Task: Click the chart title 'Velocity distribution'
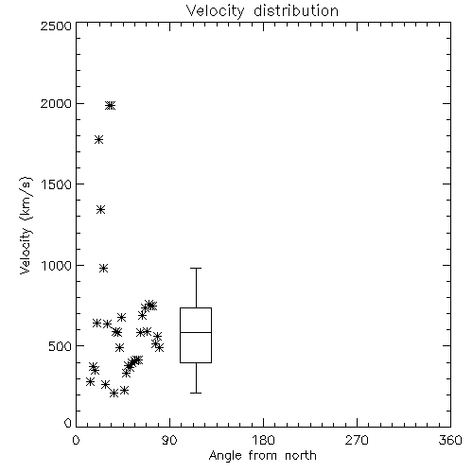[x=262, y=11]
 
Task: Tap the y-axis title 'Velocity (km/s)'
[x=26, y=225]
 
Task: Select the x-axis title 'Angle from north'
[x=262, y=456]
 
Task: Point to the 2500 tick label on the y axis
[x=56, y=26]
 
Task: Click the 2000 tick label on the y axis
[x=56, y=104]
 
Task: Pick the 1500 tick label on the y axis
[x=57, y=184]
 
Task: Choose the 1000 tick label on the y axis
[x=57, y=266]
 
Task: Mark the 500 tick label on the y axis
[x=61, y=346]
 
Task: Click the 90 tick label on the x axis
[x=169, y=440]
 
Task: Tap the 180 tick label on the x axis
[x=263, y=440]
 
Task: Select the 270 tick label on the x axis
[x=357, y=440]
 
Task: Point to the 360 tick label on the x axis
[x=450, y=440]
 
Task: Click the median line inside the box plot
[x=196, y=332]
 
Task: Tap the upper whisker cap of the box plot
[x=196, y=268]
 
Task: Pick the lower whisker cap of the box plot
[x=196, y=393]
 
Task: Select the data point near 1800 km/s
[x=99, y=140]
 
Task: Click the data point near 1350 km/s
[x=100, y=210]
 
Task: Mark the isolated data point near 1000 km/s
[x=104, y=269]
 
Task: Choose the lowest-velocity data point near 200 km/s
[x=114, y=394]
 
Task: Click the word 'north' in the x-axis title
[x=300, y=456]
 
